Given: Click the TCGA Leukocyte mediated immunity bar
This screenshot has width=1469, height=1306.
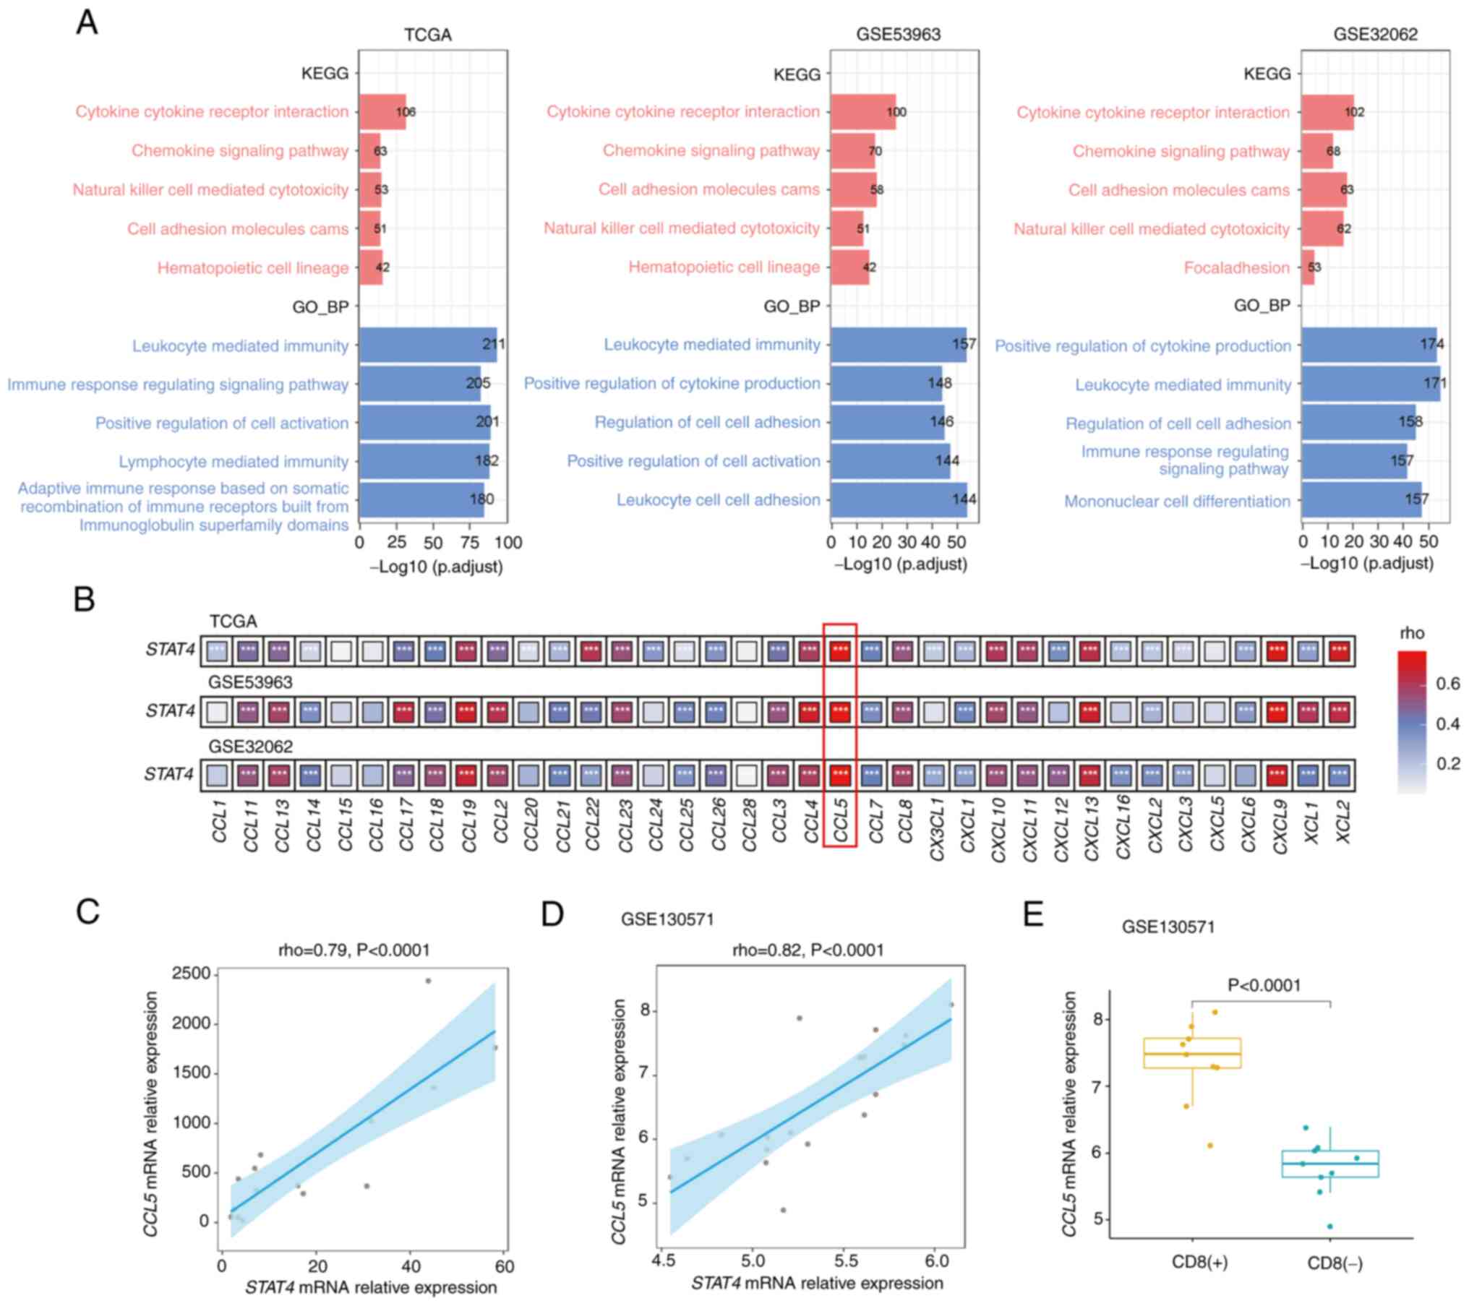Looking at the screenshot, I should (427, 345).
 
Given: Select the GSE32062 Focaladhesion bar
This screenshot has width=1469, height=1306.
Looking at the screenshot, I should (1308, 267).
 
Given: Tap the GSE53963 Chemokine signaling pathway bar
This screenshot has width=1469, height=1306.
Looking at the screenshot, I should (852, 150).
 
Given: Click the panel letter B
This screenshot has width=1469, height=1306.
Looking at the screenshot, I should (85, 599).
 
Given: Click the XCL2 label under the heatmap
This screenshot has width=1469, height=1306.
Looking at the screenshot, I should (1342, 822).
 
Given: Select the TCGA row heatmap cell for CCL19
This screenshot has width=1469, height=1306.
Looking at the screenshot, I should (466, 650).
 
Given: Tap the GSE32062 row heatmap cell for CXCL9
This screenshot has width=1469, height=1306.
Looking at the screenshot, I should (1277, 775).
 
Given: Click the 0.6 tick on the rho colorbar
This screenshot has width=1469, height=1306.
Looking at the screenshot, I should (1448, 683).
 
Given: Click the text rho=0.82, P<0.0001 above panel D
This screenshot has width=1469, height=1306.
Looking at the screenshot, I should (808, 950).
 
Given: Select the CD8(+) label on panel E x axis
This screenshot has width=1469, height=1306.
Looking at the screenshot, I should (1199, 1263).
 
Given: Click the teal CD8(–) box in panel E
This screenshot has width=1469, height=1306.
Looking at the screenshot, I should (1330, 1164).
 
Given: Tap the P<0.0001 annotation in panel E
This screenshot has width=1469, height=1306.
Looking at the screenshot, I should (1264, 985).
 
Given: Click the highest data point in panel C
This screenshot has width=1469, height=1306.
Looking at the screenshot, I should (428, 981).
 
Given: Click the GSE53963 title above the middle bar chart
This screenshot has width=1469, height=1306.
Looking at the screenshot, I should (898, 34).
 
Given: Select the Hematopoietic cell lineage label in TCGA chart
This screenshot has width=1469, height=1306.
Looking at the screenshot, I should (253, 267).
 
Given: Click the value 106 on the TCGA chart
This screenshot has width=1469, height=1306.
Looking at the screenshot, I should (406, 112).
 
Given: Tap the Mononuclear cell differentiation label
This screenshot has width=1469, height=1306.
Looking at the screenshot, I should (1177, 501).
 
